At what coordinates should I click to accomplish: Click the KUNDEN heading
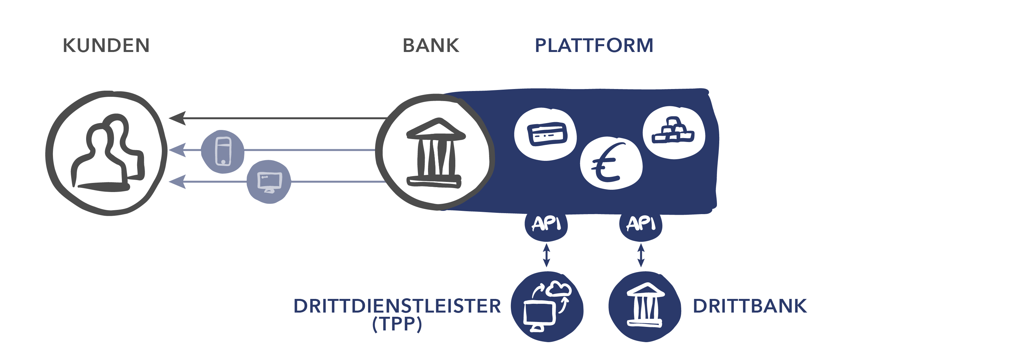pyautogui.click(x=106, y=45)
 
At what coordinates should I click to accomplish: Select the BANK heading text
pyautogui.click(x=431, y=45)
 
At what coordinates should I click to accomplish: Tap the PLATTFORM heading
pyautogui.click(x=594, y=45)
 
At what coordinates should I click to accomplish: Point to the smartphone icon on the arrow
pyautogui.click(x=223, y=151)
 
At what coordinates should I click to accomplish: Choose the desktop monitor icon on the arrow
pyautogui.click(x=269, y=182)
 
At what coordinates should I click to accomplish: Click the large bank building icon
pyautogui.click(x=436, y=152)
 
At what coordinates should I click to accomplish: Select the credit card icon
pyautogui.click(x=546, y=134)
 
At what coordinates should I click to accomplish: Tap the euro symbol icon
pyautogui.click(x=611, y=163)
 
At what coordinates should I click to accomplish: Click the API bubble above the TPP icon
pyautogui.click(x=546, y=225)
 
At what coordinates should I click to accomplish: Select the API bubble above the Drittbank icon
pyautogui.click(x=641, y=225)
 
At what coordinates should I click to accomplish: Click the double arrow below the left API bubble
pyautogui.click(x=546, y=255)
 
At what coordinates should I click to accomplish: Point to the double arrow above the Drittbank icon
pyautogui.click(x=641, y=255)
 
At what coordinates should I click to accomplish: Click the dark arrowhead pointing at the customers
pyautogui.click(x=178, y=118)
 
